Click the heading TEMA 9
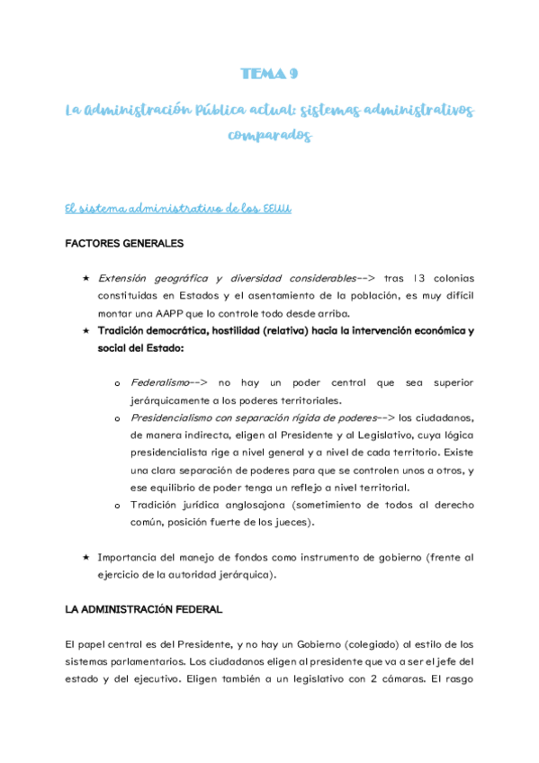click(269, 74)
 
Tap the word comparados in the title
click(270, 137)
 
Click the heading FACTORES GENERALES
click(124, 244)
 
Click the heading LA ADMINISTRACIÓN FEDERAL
click(144, 609)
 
